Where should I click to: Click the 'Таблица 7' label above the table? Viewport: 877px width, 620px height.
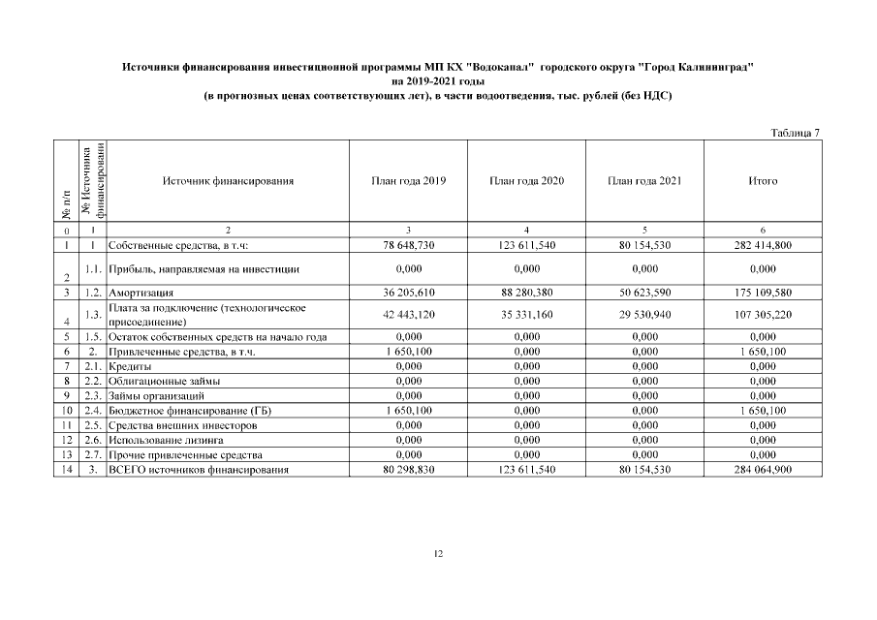point(796,132)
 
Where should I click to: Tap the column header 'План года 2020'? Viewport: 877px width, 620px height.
point(526,181)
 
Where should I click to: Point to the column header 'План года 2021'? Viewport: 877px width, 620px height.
point(644,181)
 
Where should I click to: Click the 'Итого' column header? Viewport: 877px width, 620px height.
point(763,181)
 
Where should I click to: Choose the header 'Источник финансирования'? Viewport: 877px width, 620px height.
point(228,181)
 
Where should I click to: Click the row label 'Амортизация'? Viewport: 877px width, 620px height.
point(141,292)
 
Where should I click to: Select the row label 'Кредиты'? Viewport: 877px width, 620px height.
point(130,367)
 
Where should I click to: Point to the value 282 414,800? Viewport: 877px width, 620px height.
point(763,245)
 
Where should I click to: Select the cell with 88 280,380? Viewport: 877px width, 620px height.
point(526,292)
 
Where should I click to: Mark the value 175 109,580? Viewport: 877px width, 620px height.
point(763,292)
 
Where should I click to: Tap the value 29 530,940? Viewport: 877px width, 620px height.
point(644,315)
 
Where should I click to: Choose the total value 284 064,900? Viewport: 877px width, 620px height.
point(763,469)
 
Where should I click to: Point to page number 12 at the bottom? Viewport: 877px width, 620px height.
point(438,553)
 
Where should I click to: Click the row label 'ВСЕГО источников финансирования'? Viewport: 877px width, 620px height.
point(199,469)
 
